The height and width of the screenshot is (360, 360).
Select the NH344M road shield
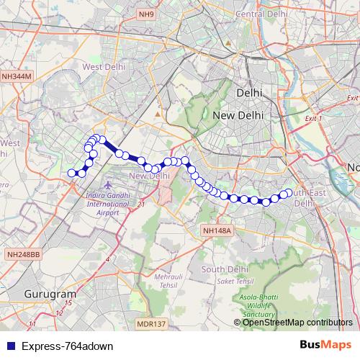tap(17, 75)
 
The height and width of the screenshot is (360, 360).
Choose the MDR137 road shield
tap(151, 325)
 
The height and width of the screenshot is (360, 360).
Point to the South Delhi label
tap(225, 269)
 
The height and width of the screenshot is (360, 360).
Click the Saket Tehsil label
tap(230, 282)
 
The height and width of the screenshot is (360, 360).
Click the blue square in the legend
tap(9, 346)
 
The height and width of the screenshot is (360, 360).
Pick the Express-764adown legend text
tap(67, 346)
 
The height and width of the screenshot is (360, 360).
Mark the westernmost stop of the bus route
tap(71, 173)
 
